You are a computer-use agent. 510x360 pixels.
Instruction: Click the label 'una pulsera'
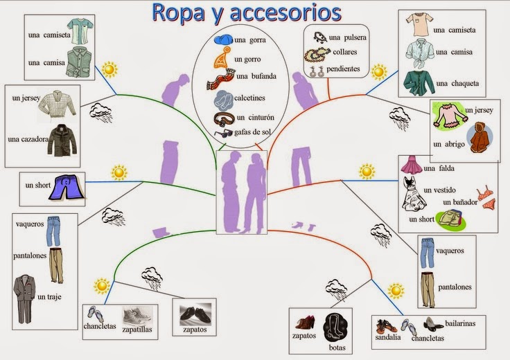coord(348,37)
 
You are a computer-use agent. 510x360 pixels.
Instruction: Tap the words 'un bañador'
coord(459,202)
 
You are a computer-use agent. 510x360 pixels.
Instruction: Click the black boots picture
coord(339,330)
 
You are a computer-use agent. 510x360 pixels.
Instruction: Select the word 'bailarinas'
coord(464,323)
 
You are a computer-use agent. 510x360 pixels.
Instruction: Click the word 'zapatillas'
coord(137,330)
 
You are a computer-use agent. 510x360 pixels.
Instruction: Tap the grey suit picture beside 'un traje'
coord(24,298)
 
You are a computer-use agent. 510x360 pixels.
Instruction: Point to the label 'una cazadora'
coord(28,139)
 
